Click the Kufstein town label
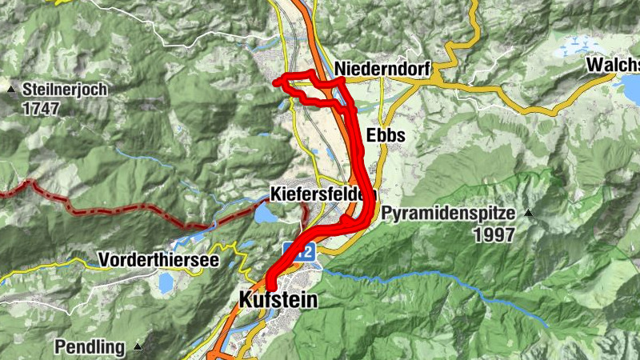pos(278,301)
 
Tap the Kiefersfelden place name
pos(323,194)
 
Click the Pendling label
pos(90,347)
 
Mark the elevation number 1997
pos(494,234)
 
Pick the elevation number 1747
pos(42,107)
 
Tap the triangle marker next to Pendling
pos(138,346)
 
